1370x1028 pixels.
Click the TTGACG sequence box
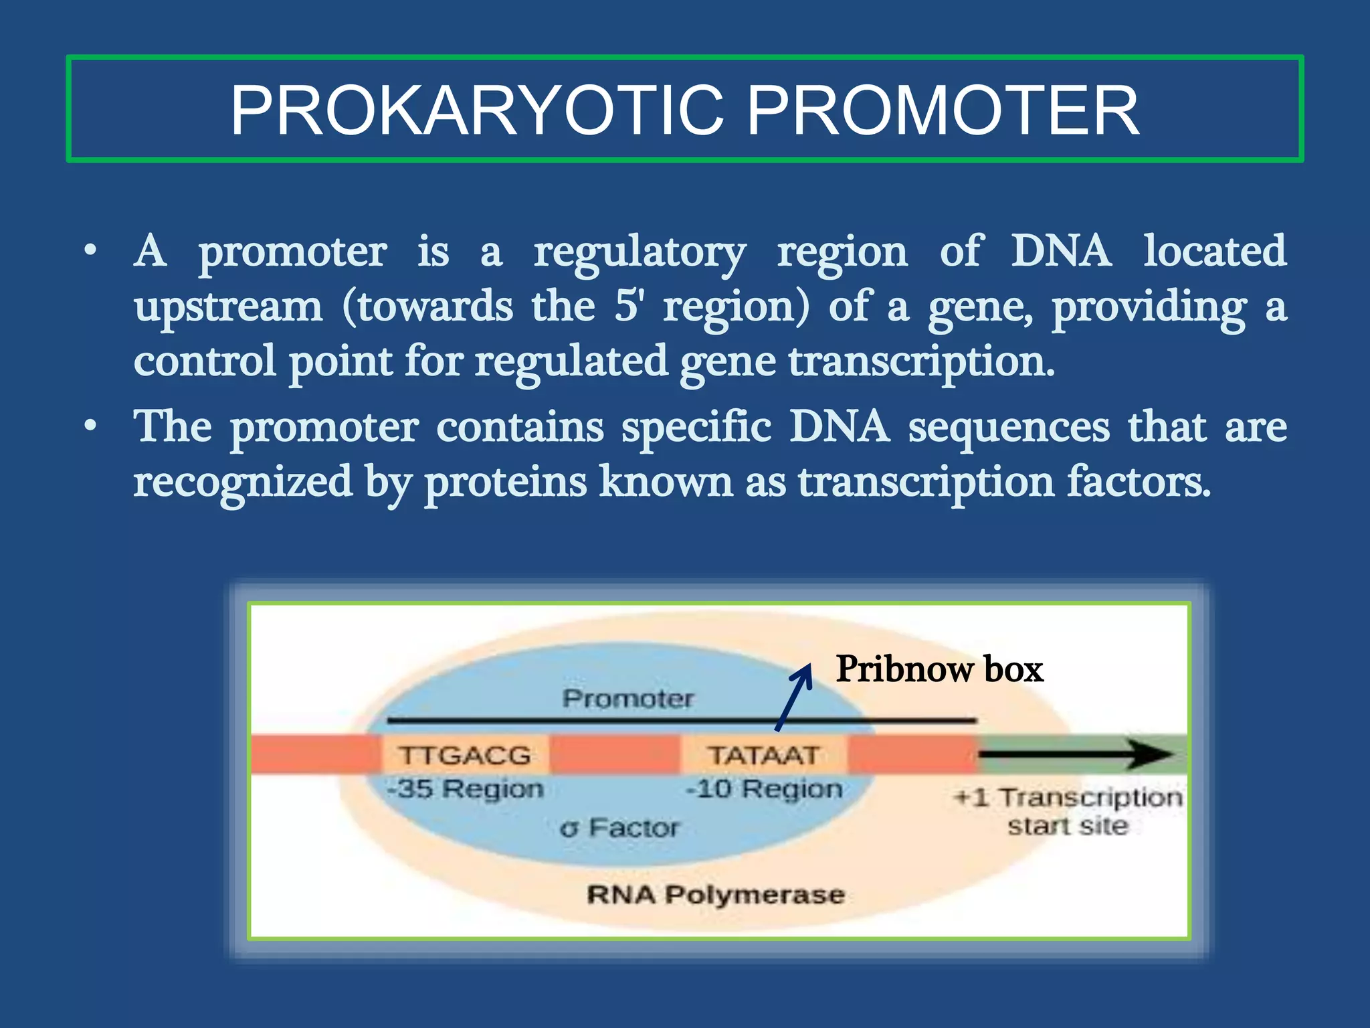(x=465, y=755)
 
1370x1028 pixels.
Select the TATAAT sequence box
(x=763, y=755)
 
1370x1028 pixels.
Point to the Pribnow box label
(x=939, y=669)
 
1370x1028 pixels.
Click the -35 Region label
(x=466, y=788)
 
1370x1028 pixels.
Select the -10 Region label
(x=765, y=788)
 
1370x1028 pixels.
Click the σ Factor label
(x=620, y=828)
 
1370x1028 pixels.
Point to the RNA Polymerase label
(x=716, y=895)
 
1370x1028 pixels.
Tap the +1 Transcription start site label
(x=1068, y=811)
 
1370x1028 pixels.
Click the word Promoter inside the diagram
(x=628, y=699)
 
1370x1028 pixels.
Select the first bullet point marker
(x=90, y=252)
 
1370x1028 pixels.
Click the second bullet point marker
(x=90, y=426)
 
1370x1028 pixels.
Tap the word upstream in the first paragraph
(x=228, y=307)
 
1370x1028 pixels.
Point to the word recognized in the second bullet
(x=243, y=482)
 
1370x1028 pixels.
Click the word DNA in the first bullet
(x=1061, y=251)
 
